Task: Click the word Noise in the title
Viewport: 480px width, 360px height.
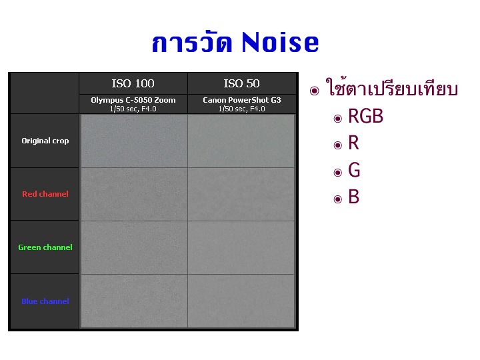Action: (280, 42)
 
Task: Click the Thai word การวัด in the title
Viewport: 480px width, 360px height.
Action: (192, 41)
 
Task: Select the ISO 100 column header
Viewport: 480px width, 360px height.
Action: (133, 83)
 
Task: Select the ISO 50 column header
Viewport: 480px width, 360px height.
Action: (241, 83)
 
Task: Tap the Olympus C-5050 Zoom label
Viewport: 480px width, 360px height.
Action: (133, 100)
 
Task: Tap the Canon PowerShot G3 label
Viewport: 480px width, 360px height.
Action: (242, 100)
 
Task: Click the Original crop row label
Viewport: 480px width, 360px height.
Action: (45, 141)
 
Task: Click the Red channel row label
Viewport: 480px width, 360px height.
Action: (45, 194)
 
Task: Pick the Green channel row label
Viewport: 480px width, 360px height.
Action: (45, 247)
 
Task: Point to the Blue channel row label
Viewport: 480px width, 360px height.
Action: (45, 301)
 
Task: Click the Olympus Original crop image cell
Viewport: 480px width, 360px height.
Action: (134, 141)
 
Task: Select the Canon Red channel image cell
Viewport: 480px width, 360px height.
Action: (241, 194)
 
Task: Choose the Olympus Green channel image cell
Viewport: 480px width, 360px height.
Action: (134, 247)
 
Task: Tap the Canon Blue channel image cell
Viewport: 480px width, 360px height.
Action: (241, 301)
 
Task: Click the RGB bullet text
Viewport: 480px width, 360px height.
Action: (365, 116)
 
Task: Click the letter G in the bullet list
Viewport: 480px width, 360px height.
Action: (354, 170)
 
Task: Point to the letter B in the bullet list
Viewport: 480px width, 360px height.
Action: (353, 197)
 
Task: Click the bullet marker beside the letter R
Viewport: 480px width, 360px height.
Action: (337, 145)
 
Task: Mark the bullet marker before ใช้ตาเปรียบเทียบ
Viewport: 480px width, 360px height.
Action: (314, 91)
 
